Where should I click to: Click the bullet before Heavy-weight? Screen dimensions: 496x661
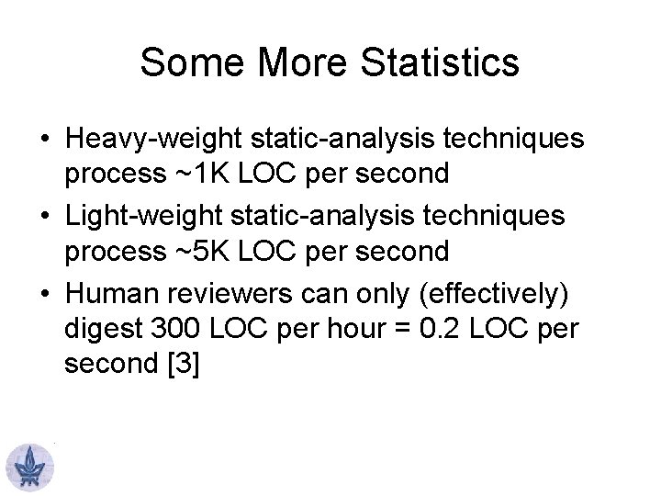44,140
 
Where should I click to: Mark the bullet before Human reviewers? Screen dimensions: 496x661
44,294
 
